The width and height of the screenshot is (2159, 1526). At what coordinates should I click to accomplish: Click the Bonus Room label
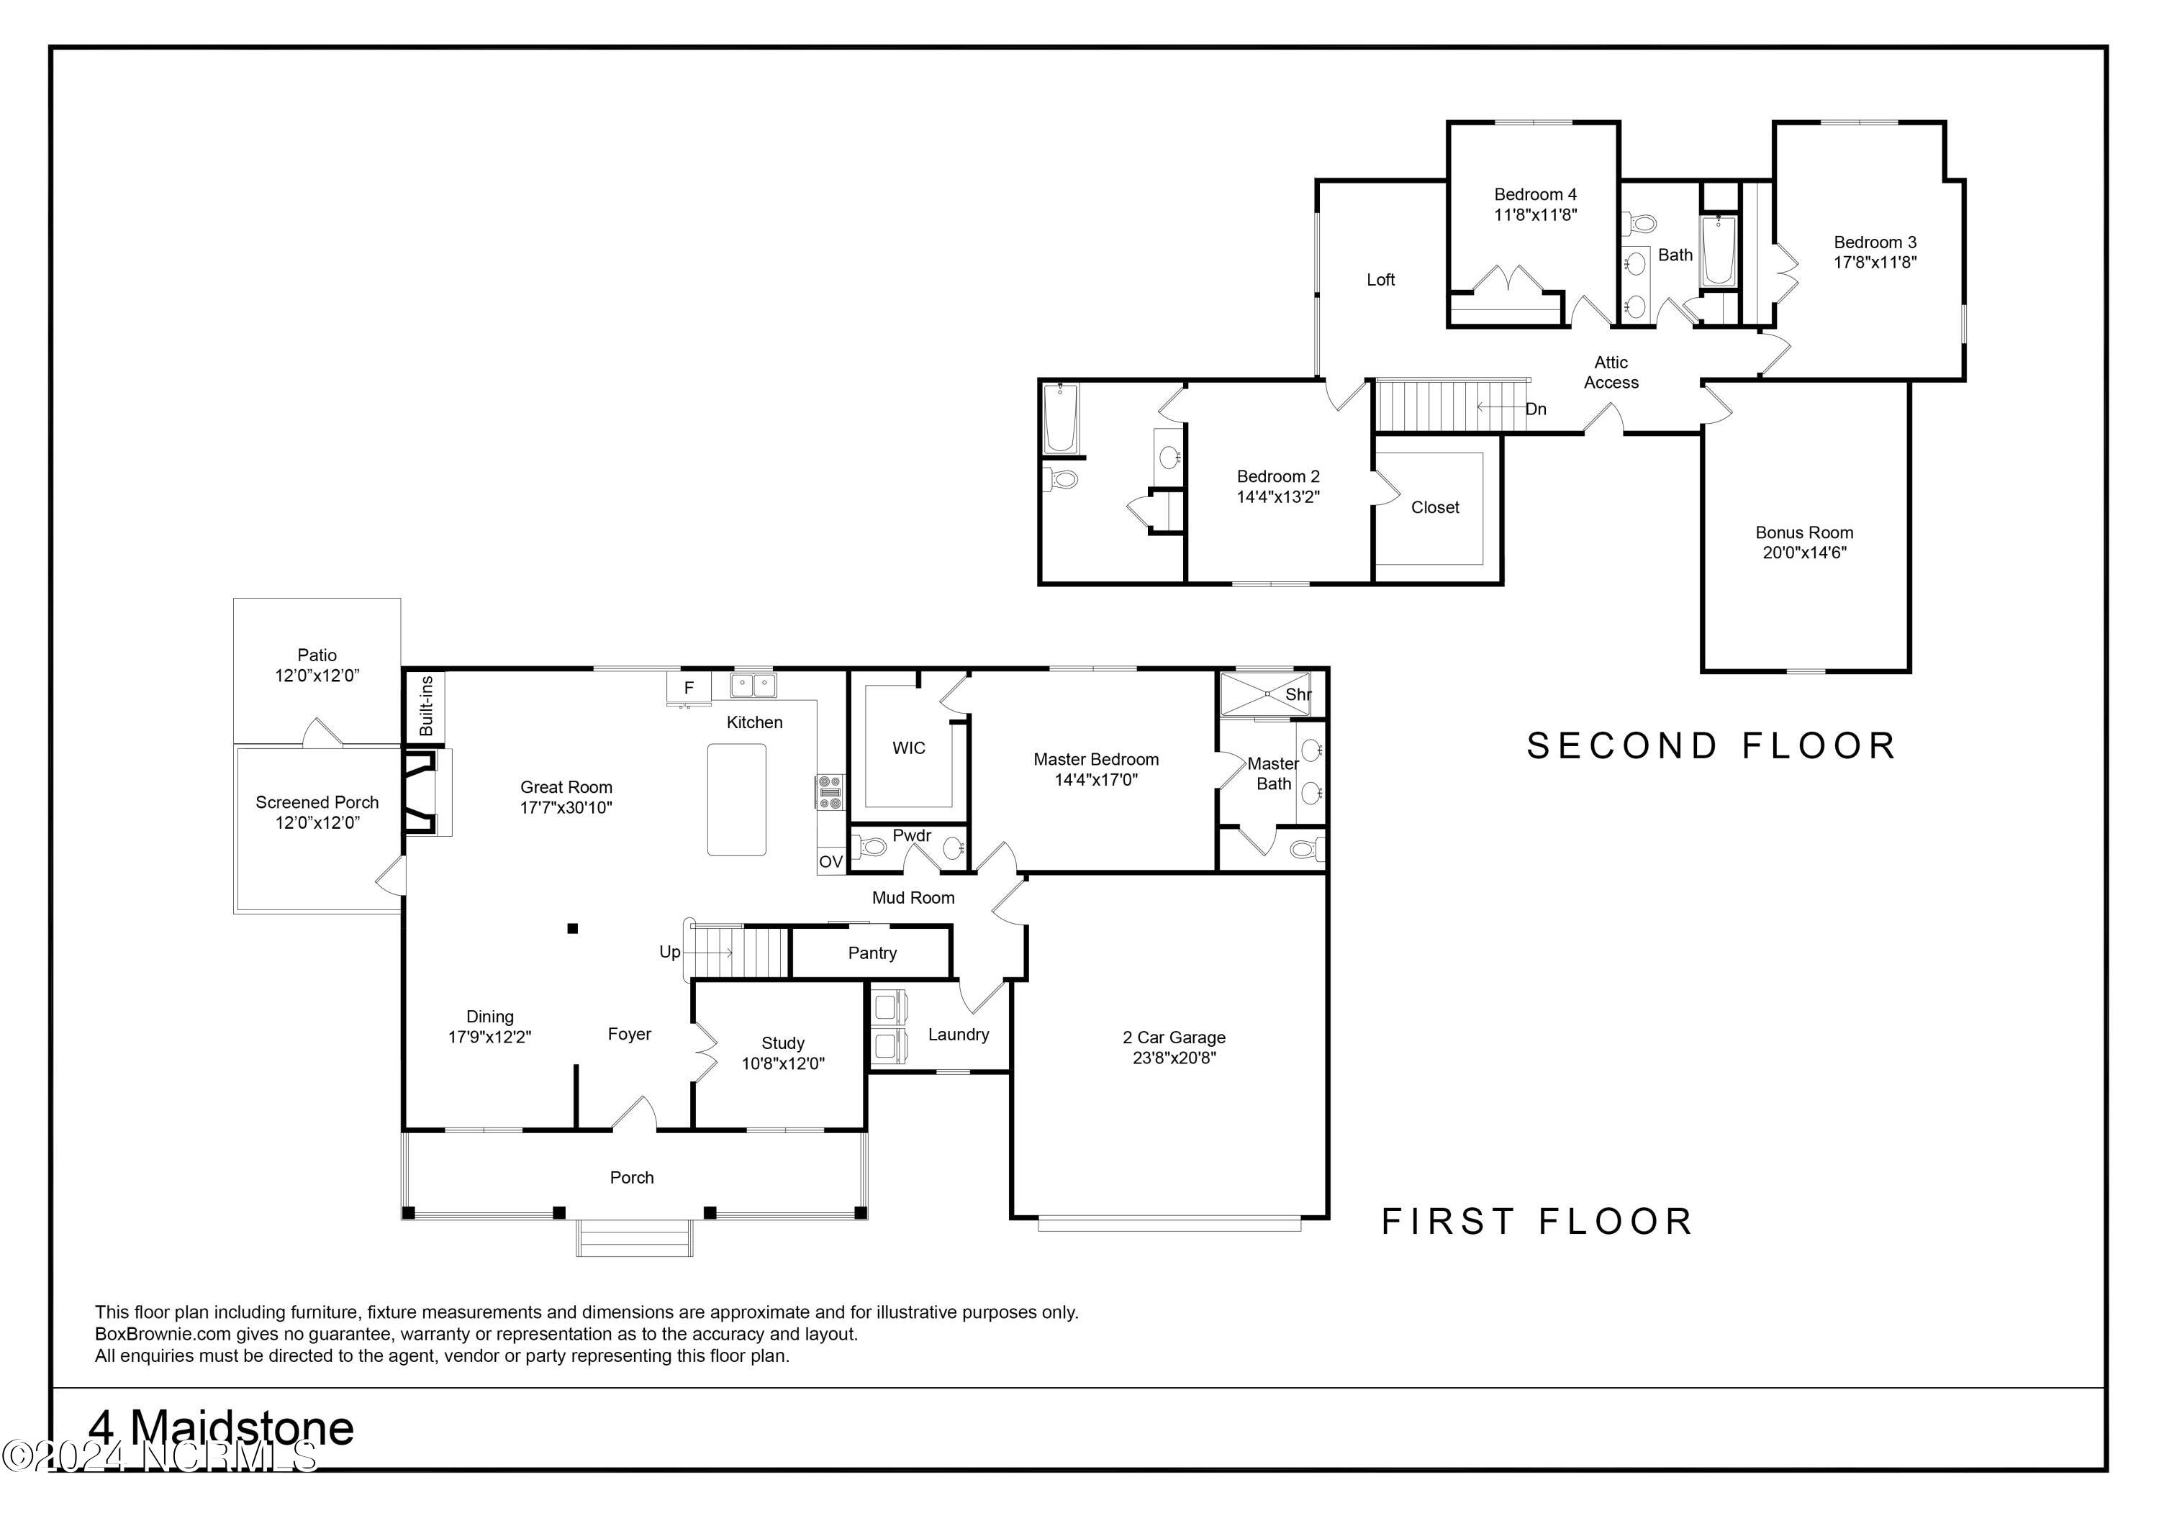(x=1803, y=532)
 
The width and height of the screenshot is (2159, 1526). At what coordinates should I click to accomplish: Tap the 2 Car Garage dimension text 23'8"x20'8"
(x=1174, y=1058)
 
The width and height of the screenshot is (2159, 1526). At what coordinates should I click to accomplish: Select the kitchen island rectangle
(x=736, y=799)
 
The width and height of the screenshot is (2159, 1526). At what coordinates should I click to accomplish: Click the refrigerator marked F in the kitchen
(x=688, y=687)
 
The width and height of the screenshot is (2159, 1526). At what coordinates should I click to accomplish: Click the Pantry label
(x=872, y=953)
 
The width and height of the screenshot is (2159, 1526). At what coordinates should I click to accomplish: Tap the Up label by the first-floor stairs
(x=669, y=952)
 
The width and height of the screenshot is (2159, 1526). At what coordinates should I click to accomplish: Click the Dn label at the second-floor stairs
(x=1536, y=409)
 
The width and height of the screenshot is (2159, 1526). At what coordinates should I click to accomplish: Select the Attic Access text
(x=1611, y=373)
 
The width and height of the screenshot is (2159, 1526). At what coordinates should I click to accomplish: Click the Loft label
(x=1380, y=279)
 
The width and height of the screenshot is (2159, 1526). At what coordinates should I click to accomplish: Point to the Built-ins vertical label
(x=426, y=706)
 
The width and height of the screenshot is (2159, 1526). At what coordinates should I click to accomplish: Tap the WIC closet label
(x=908, y=748)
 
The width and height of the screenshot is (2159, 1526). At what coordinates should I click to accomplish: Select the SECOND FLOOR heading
(x=1711, y=745)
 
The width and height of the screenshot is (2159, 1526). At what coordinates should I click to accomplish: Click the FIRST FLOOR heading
(x=1536, y=1222)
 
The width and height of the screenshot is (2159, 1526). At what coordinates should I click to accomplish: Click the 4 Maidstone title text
(x=222, y=1429)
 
